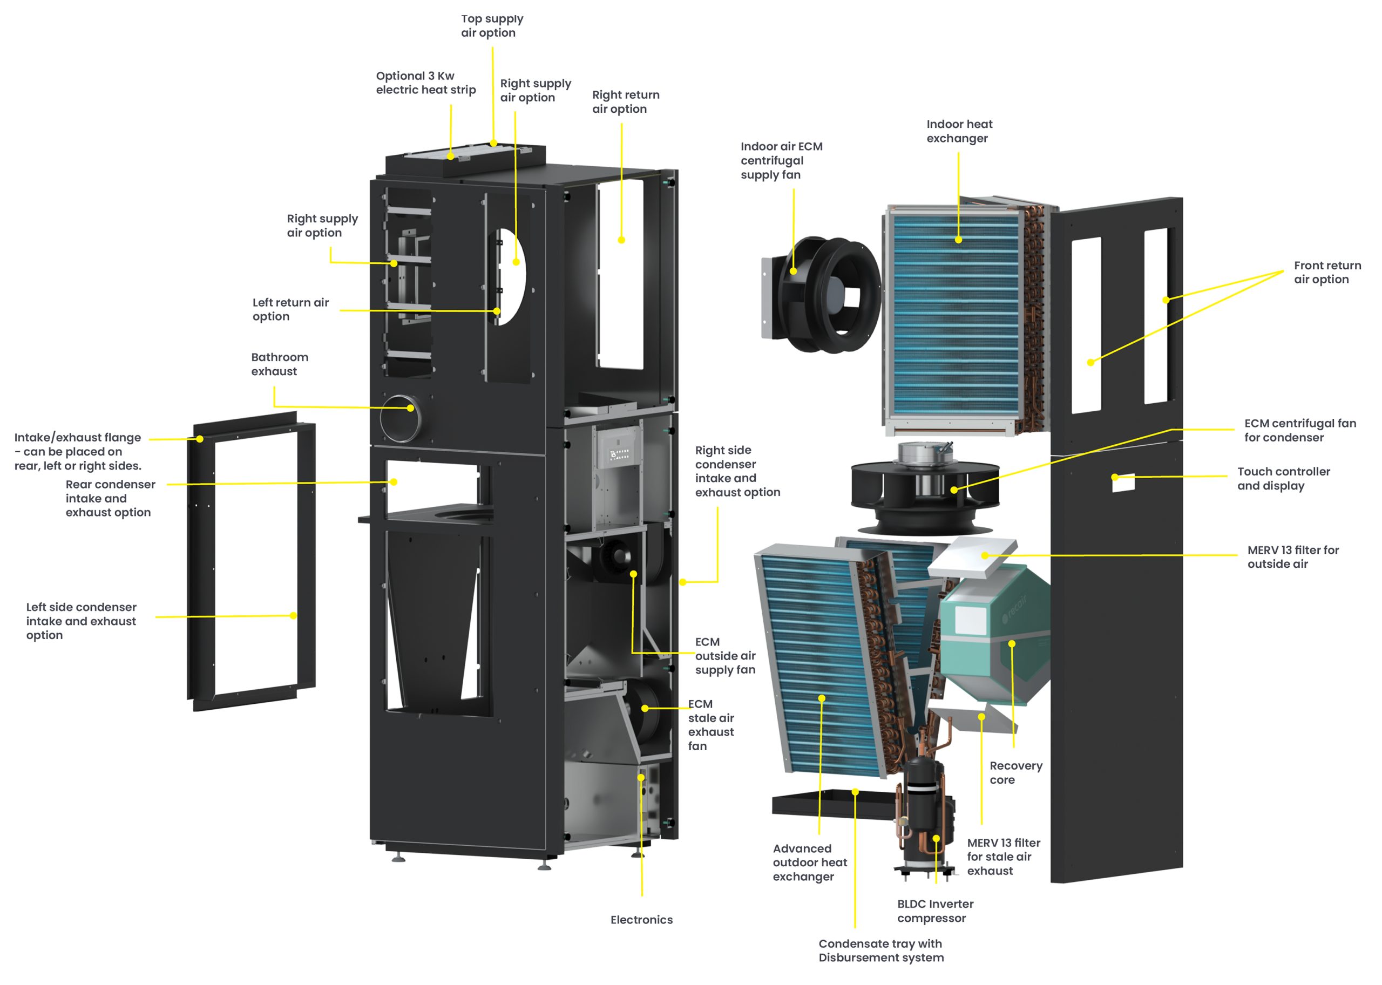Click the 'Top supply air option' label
(491, 26)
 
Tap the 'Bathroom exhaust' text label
(280, 364)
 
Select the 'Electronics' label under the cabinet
(641, 920)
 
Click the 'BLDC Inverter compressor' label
(935, 911)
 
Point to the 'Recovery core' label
(1015, 772)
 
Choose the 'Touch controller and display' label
(1283, 478)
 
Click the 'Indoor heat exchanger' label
(959, 131)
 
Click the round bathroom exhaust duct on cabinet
(400, 417)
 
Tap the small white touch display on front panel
(1123, 482)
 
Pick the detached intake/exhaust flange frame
(250, 561)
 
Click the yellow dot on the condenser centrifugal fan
(954, 490)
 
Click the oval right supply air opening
(511, 276)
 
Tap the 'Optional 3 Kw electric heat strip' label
(425, 83)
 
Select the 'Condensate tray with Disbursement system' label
(880, 950)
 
